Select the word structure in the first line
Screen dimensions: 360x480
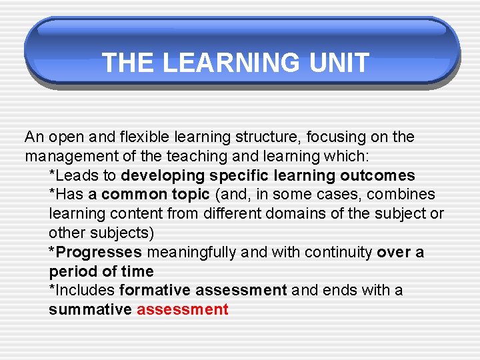pyautogui.click(x=266, y=137)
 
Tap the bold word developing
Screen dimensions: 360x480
pyautogui.click(x=163, y=176)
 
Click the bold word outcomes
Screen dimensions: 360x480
pyautogui.click(x=377, y=176)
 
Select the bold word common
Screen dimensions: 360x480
pyautogui.click(x=134, y=195)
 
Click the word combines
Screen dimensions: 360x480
pyautogui.click(x=403, y=195)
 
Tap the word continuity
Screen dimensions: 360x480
pyautogui.click(x=339, y=253)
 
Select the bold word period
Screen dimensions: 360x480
pyautogui.click(x=71, y=271)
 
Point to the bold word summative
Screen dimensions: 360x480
pyautogui.click(x=90, y=310)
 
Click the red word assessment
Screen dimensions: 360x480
pyautogui.click(x=183, y=310)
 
